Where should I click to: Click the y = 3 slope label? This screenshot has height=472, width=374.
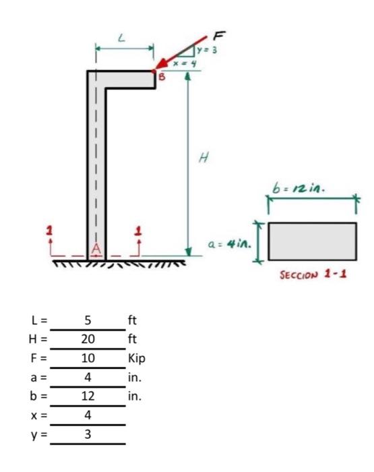213,48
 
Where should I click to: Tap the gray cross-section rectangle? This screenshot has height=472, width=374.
313,241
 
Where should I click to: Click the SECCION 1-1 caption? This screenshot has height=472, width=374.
313,278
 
